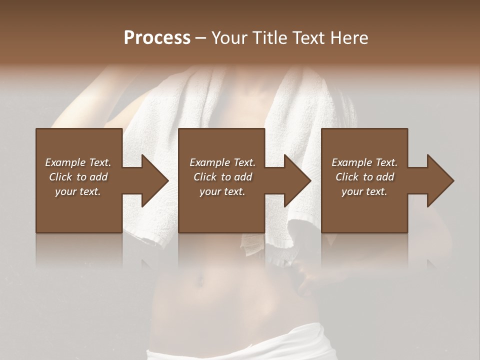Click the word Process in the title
click(x=157, y=38)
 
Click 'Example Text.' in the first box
click(x=78, y=162)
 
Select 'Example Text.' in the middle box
click(x=222, y=162)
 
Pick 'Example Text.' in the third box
click(x=364, y=162)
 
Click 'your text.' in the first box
click(x=78, y=191)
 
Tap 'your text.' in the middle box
click(x=222, y=191)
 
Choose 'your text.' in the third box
click(x=364, y=191)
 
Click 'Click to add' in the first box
click(x=78, y=177)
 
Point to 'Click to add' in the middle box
click(x=222, y=177)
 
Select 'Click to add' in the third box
click(x=364, y=177)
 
